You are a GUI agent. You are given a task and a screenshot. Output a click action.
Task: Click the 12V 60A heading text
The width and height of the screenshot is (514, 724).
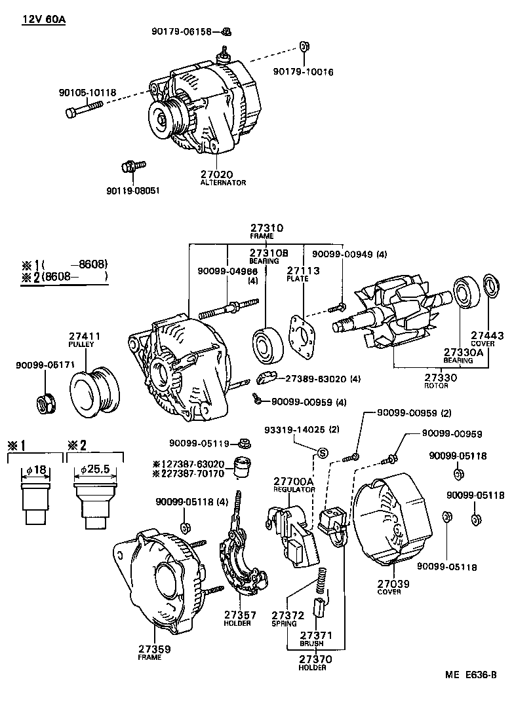(44, 20)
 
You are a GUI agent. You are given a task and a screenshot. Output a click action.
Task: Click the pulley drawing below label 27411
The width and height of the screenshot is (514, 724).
(92, 393)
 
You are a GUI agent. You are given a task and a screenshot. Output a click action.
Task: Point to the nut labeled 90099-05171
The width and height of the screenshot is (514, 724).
(45, 405)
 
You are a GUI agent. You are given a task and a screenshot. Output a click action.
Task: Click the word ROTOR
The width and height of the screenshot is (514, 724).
(436, 386)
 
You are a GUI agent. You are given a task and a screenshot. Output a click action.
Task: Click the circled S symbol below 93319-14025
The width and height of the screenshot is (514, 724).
(322, 453)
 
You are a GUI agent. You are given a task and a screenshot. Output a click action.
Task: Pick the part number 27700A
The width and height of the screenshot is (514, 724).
(294, 481)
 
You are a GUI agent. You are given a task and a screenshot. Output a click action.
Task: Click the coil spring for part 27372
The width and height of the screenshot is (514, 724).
(321, 581)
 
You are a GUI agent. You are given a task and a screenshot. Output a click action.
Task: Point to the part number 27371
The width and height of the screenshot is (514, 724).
(317, 635)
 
